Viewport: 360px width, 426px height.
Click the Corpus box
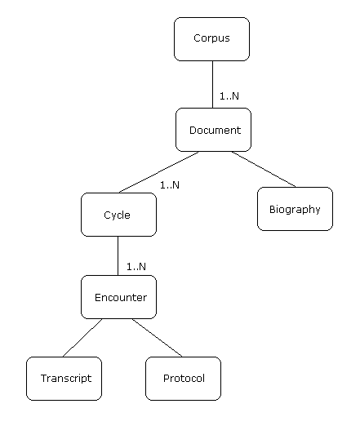[x=211, y=39]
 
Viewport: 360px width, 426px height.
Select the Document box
[x=213, y=130]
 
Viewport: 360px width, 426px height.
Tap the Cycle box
[x=118, y=215]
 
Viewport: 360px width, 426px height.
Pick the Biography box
[x=295, y=209]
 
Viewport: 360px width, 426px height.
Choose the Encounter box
[x=118, y=297]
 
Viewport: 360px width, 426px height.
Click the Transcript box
[x=64, y=379]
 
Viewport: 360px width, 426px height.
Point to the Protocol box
[x=183, y=379]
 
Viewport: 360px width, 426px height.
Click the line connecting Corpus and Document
[x=212, y=84]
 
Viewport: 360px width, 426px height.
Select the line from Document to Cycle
[x=158, y=172]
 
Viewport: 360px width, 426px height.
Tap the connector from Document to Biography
[x=264, y=169]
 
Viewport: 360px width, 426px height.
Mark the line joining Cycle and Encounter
[x=118, y=255]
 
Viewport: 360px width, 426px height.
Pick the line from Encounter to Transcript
[x=82, y=338]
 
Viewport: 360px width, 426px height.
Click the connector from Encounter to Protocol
[x=158, y=338]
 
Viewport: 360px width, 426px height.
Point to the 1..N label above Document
[x=229, y=96]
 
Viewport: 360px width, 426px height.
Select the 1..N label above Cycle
[x=170, y=185]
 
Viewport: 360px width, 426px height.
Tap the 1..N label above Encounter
[x=136, y=267]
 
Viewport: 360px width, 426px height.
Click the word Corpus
[x=211, y=38]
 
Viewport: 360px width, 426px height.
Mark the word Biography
[x=295, y=210]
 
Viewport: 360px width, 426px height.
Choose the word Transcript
[x=66, y=379]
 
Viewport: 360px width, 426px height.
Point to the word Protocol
[x=184, y=378]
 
